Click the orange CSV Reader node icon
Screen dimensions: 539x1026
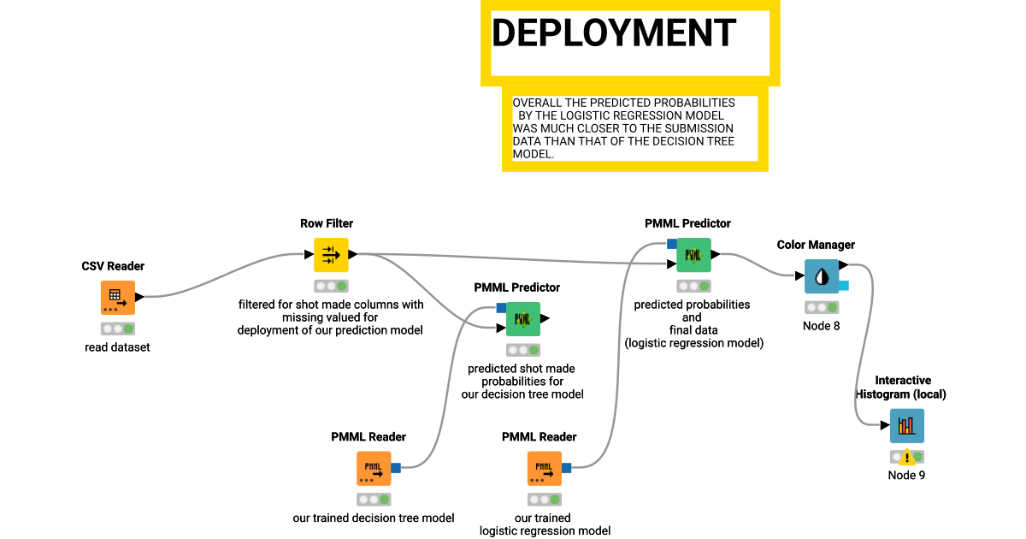[x=117, y=298]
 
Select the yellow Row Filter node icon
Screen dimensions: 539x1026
[x=331, y=255]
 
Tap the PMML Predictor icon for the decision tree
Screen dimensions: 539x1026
[x=522, y=319]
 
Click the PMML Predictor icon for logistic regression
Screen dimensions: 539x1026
[x=693, y=255]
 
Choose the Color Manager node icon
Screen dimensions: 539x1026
[x=822, y=276]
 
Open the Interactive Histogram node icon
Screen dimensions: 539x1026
[x=906, y=426]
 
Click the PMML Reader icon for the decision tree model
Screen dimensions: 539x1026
[x=374, y=468]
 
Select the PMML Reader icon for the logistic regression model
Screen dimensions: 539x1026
[x=545, y=468]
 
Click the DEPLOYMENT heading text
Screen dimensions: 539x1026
[x=613, y=33]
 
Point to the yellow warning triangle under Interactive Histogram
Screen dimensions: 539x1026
[x=906, y=458]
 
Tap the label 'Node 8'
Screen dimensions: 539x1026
[x=821, y=326]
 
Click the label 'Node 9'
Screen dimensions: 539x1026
[x=906, y=476]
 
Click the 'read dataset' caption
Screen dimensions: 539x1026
[x=117, y=347]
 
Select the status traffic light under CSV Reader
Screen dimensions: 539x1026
[x=117, y=329]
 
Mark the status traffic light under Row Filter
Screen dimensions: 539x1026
[x=331, y=286]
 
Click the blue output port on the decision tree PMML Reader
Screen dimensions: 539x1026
[x=396, y=468]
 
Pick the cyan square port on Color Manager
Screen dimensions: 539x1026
[x=843, y=285]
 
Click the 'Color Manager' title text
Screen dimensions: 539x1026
[x=816, y=245]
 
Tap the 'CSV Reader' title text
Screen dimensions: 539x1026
[x=113, y=266]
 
